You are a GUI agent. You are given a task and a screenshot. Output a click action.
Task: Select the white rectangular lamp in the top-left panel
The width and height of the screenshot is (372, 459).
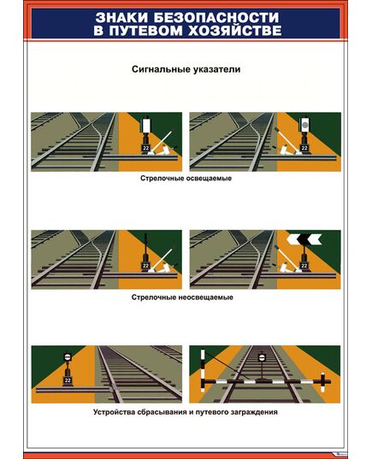148,125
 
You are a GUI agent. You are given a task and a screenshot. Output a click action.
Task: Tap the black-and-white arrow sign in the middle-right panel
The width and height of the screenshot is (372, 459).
302,241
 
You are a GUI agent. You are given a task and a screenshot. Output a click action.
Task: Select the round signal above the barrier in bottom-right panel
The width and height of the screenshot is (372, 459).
262,356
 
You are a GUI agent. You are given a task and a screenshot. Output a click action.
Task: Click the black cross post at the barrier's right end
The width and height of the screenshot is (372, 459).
325,380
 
